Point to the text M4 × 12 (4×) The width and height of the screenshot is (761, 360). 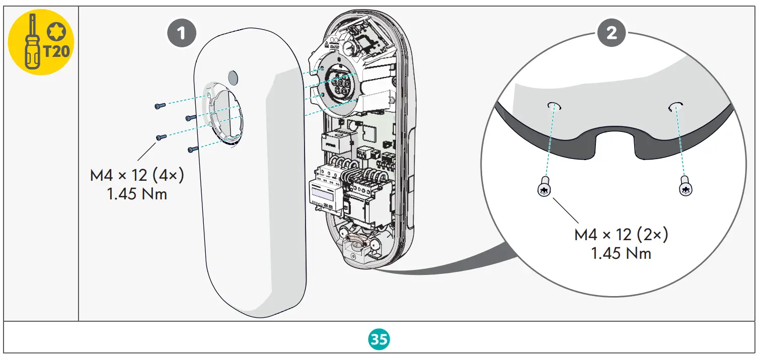point(137,176)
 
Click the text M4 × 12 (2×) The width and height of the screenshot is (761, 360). point(621,235)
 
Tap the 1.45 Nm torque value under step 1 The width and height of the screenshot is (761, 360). point(137,194)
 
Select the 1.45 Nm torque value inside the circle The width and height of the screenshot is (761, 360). point(621,253)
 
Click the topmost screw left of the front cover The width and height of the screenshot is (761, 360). point(160,106)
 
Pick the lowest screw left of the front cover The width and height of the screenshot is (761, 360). point(193,149)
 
